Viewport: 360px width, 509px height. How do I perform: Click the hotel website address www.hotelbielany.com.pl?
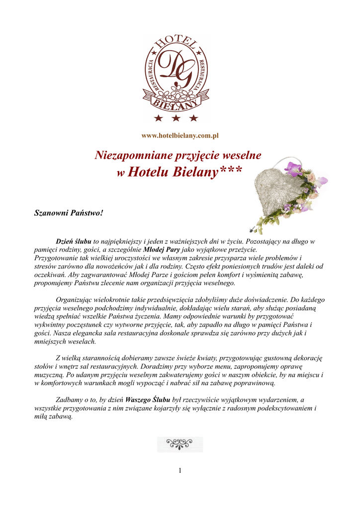coord(180,136)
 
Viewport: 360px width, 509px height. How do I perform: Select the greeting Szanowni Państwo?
coord(69,213)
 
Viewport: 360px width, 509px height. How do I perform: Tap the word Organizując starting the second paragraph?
coord(77,300)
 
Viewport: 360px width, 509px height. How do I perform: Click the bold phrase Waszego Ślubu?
coord(148,400)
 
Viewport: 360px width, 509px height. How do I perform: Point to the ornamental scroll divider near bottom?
coord(180,444)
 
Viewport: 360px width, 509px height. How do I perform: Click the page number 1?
coord(180,471)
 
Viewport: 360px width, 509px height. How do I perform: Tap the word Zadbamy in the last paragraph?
coord(70,400)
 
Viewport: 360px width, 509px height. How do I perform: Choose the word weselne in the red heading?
coord(243,156)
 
